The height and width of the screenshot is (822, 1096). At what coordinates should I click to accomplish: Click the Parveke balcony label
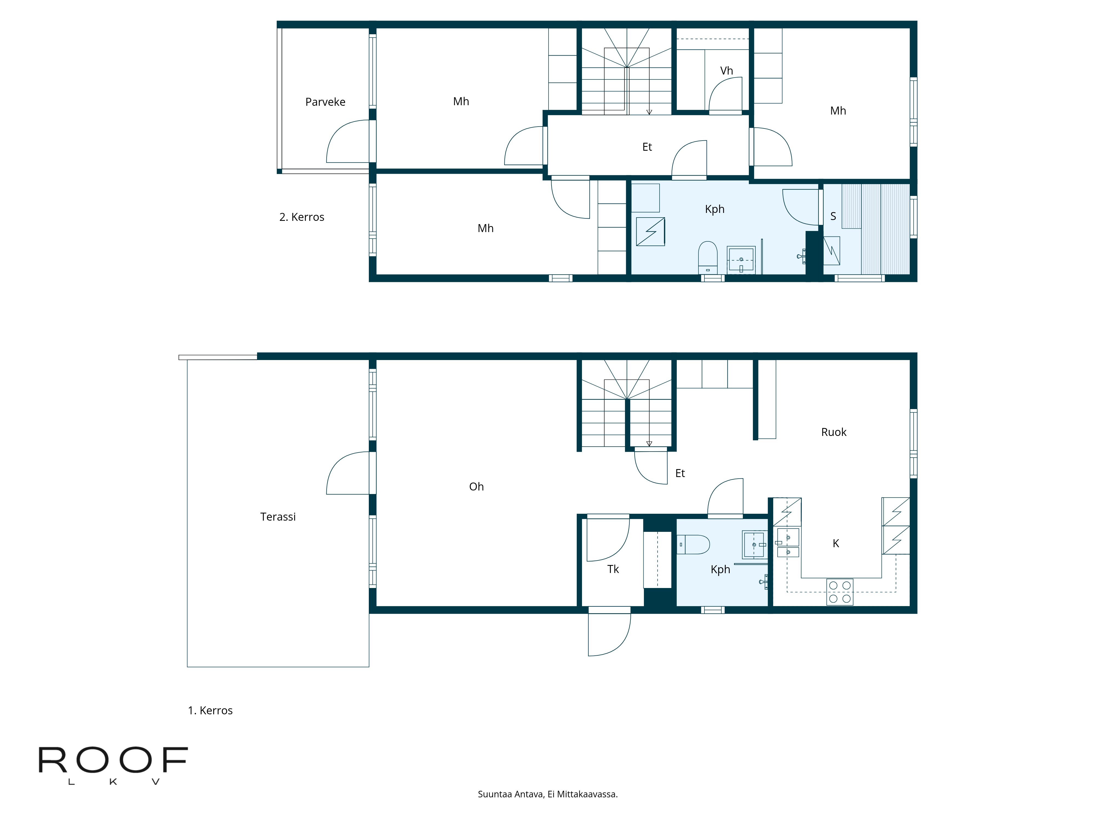pos(325,102)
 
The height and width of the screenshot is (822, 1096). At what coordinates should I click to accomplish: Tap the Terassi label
pos(278,517)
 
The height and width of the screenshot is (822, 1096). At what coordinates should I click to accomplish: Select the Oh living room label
pos(476,487)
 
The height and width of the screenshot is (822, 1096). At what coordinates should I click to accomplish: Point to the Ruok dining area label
pos(834,432)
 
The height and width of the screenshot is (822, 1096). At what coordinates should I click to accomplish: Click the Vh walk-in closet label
pos(726,71)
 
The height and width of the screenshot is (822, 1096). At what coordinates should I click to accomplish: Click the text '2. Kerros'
pos(302,217)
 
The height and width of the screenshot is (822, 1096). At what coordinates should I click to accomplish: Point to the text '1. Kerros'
pos(210,710)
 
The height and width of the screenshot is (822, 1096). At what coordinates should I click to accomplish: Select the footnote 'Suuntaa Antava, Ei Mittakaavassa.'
pos(547,794)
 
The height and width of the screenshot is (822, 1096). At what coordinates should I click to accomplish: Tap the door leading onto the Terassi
pos(348,473)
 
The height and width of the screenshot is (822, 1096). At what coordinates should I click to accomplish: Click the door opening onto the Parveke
pos(348,141)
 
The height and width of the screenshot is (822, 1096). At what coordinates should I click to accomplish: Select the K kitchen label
pos(836,544)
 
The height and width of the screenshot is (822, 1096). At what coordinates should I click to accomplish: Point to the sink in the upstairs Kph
pos(741,260)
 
